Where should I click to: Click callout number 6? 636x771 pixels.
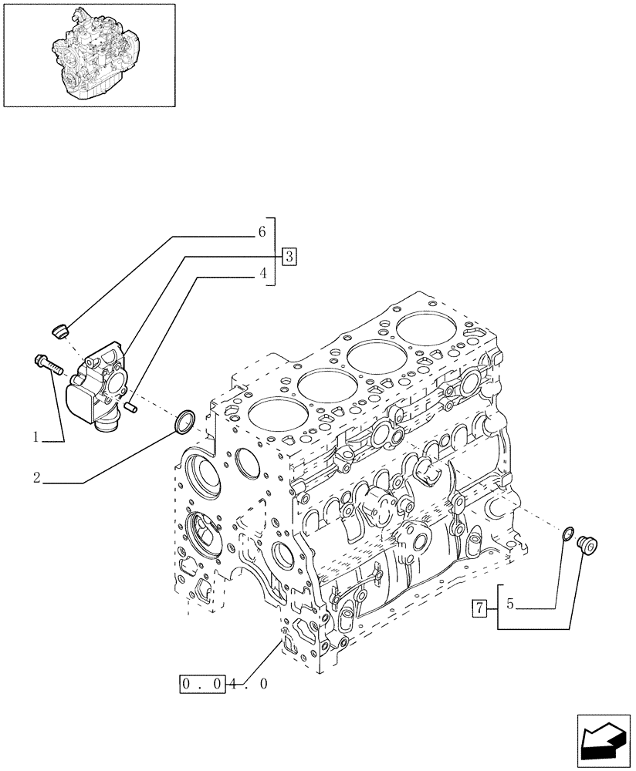point(262,231)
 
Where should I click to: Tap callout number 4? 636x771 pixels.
point(262,274)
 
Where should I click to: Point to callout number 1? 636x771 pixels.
point(36,437)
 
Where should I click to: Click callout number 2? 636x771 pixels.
point(36,478)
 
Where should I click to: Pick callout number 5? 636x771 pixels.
point(509,606)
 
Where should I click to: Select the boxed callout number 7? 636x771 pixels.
point(479,608)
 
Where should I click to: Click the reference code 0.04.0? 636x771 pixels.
point(223,683)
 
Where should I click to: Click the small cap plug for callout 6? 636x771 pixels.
point(59,331)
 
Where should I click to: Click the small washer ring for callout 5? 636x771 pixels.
point(568,534)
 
